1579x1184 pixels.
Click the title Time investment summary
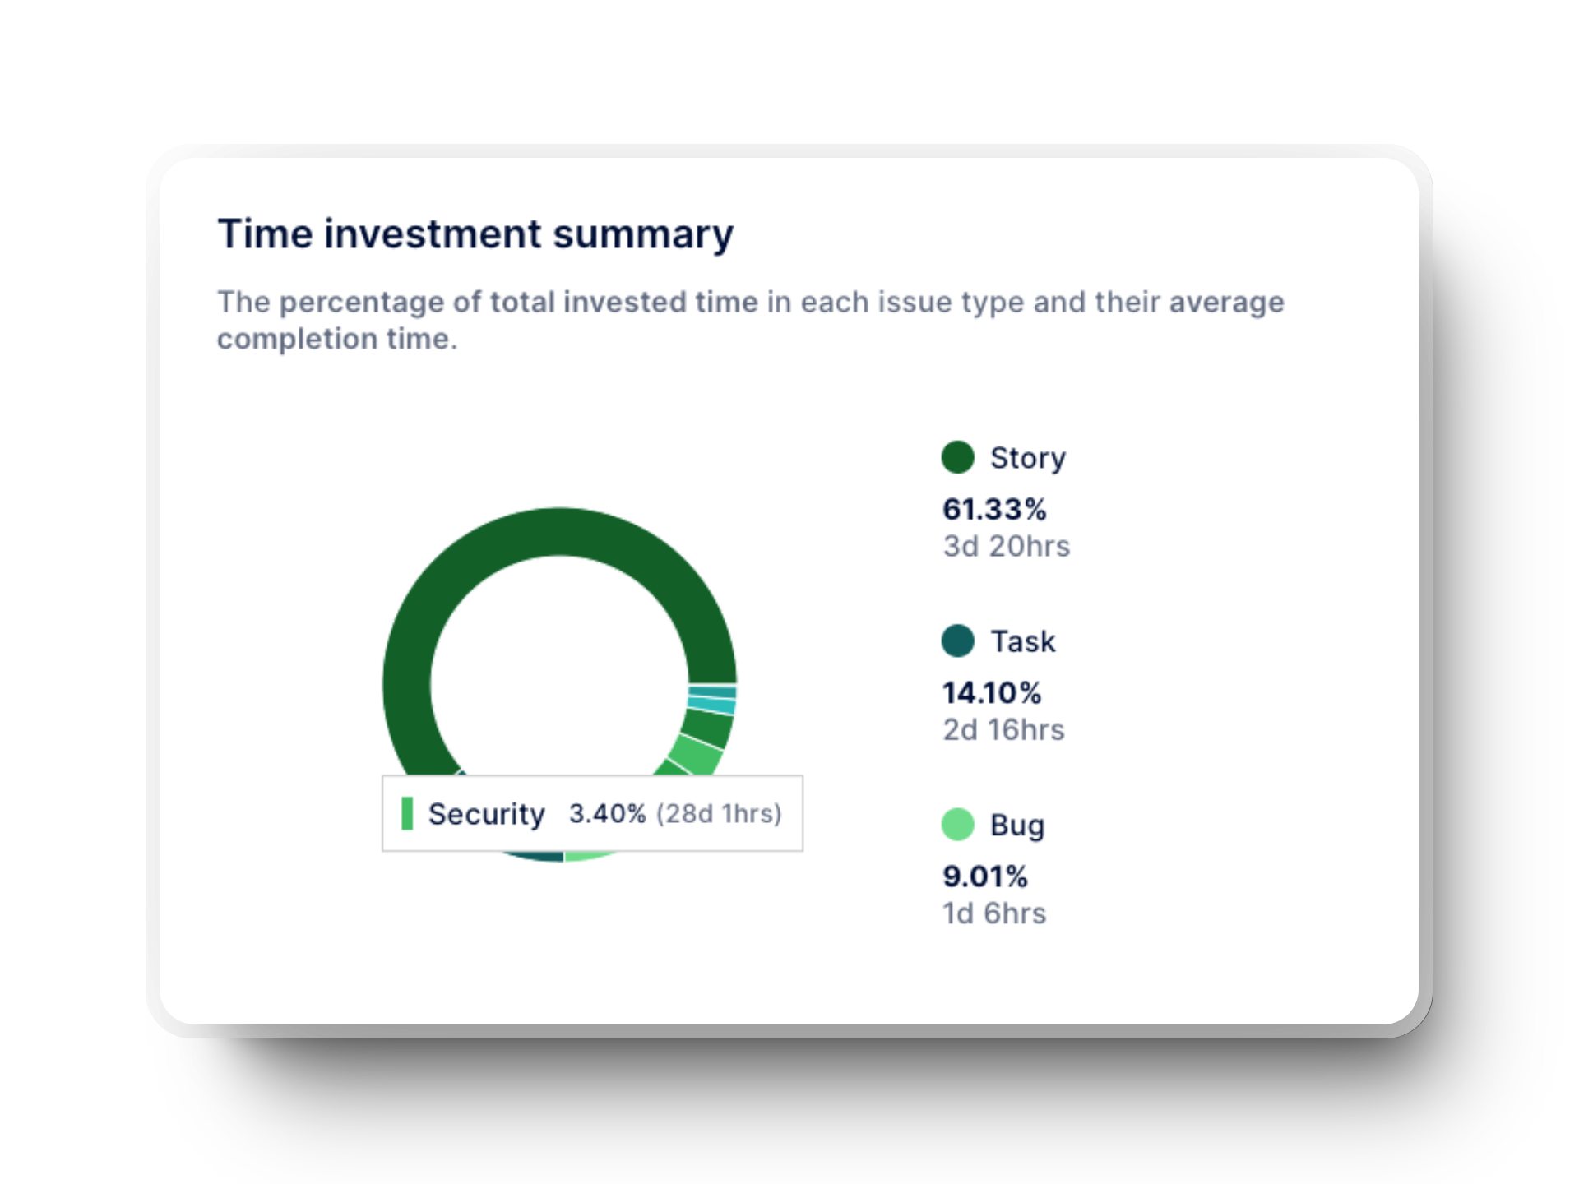pos(475,234)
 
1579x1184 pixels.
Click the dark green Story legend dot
pos(957,457)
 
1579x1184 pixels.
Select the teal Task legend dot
pos(957,641)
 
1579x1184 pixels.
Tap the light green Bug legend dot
pos(957,824)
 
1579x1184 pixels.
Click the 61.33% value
pos(993,510)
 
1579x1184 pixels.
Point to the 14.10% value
pos(991,693)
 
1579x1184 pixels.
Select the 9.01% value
pos(984,876)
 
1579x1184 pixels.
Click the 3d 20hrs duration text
pos(1006,547)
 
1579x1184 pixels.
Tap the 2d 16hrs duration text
pos(1003,730)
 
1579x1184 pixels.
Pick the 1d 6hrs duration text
pos(993,913)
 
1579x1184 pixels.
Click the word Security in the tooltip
pos(486,814)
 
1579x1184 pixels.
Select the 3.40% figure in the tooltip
pos(607,814)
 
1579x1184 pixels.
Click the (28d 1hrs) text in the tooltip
pos(718,814)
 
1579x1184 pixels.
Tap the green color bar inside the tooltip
pos(407,813)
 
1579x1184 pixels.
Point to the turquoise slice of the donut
pos(712,705)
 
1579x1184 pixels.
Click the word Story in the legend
pos(1027,458)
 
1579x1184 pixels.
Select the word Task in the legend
pos(1022,641)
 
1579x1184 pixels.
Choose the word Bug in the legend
pos(1017,825)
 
